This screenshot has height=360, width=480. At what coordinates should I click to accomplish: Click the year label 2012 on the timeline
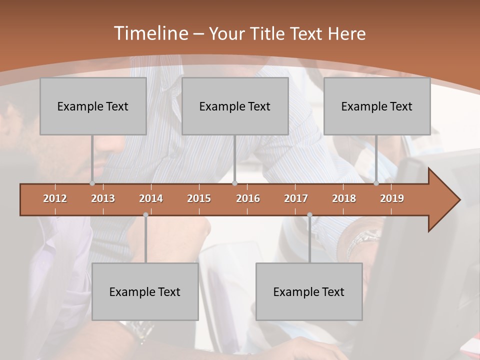tap(55, 198)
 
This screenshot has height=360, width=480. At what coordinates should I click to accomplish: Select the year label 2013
tap(103, 198)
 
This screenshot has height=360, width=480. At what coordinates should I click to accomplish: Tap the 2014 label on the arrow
tap(151, 198)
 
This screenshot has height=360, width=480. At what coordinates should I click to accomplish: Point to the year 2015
tap(199, 198)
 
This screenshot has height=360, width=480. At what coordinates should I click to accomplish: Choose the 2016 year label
tap(248, 198)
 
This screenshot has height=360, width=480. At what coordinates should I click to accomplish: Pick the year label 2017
tap(296, 198)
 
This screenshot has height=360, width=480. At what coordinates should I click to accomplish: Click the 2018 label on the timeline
tap(344, 198)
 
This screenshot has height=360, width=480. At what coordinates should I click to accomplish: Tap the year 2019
tap(392, 198)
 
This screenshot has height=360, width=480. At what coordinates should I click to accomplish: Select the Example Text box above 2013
tap(93, 106)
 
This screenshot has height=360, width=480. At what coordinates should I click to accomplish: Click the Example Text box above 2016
tap(235, 106)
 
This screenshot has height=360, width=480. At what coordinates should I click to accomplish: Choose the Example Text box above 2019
tap(377, 106)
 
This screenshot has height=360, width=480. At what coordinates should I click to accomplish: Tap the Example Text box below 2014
tap(145, 291)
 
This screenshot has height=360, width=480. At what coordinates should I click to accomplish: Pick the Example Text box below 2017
tap(309, 291)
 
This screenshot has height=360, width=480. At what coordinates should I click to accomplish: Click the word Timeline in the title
tap(150, 33)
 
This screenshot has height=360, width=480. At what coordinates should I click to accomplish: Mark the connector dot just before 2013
tap(92, 183)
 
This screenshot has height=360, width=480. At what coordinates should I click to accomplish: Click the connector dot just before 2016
tap(234, 183)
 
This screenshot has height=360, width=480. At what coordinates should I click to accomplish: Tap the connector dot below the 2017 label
tap(309, 214)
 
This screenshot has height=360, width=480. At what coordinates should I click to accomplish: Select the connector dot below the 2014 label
tap(145, 214)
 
